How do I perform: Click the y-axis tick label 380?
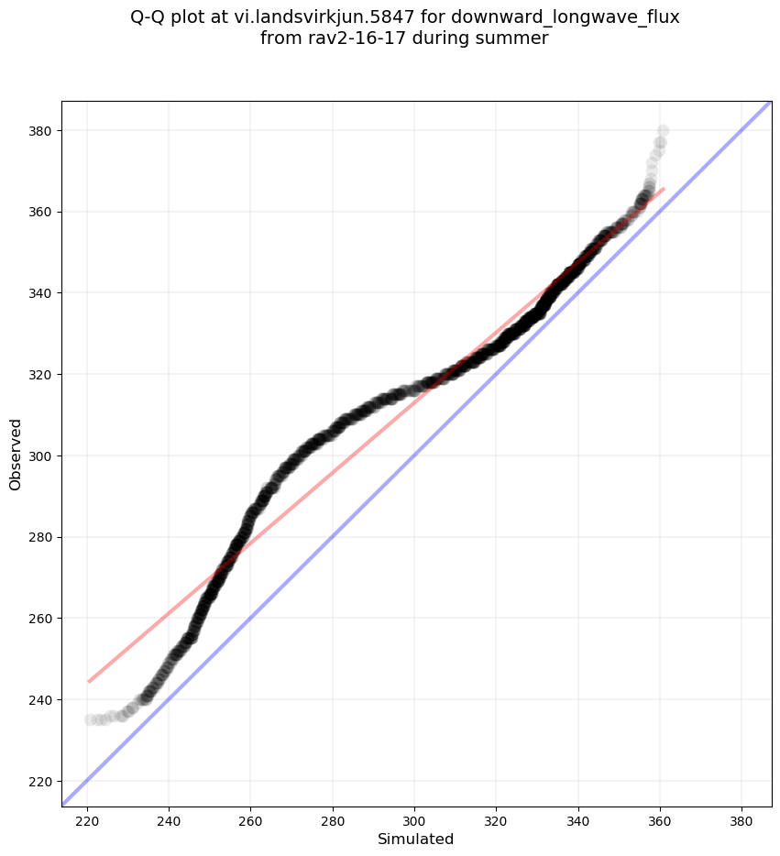[41, 131]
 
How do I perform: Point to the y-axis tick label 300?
[41, 456]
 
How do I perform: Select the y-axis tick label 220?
[41, 782]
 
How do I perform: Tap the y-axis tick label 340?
[41, 293]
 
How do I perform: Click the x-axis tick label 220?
[87, 819]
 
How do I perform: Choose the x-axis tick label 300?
[414, 819]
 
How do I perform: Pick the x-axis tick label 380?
[742, 819]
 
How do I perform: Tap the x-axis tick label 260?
[251, 819]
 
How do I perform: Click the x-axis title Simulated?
[416, 839]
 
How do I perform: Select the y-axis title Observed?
[16, 454]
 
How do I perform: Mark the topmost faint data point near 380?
[662, 131]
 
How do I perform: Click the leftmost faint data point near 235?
[90, 719]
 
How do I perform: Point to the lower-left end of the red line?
[89, 682]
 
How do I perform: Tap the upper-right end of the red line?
[664, 188]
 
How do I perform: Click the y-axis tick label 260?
[41, 619]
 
